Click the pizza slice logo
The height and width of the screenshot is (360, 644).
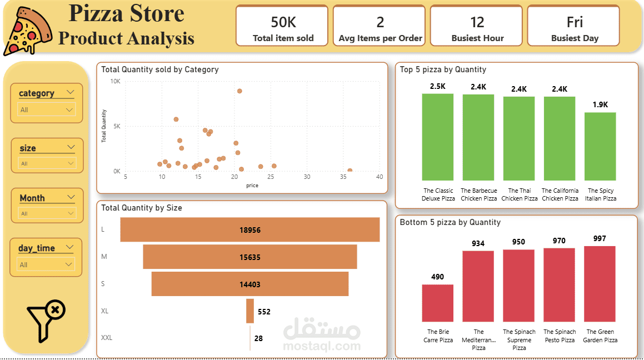click(28, 31)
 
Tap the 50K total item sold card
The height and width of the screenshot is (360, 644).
click(283, 26)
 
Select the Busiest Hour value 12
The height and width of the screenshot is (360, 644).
click(477, 22)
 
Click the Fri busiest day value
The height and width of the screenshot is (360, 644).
click(575, 22)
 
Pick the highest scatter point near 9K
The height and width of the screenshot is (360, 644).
click(239, 91)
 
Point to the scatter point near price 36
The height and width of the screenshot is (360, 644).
click(350, 171)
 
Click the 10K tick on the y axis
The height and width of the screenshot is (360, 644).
click(115, 81)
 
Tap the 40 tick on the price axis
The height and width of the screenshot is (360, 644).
click(380, 177)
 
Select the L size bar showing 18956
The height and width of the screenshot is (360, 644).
click(250, 230)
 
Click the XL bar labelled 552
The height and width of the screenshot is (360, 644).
click(250, 311)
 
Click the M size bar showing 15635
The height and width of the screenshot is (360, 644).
click(250, 257)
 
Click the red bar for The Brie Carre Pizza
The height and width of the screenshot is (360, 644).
click(438, 303)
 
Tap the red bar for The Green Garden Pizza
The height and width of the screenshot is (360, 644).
click(600, 283)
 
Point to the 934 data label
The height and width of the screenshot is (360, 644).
click(478, 243)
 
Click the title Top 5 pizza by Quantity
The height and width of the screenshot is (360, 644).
click(443, 69)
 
